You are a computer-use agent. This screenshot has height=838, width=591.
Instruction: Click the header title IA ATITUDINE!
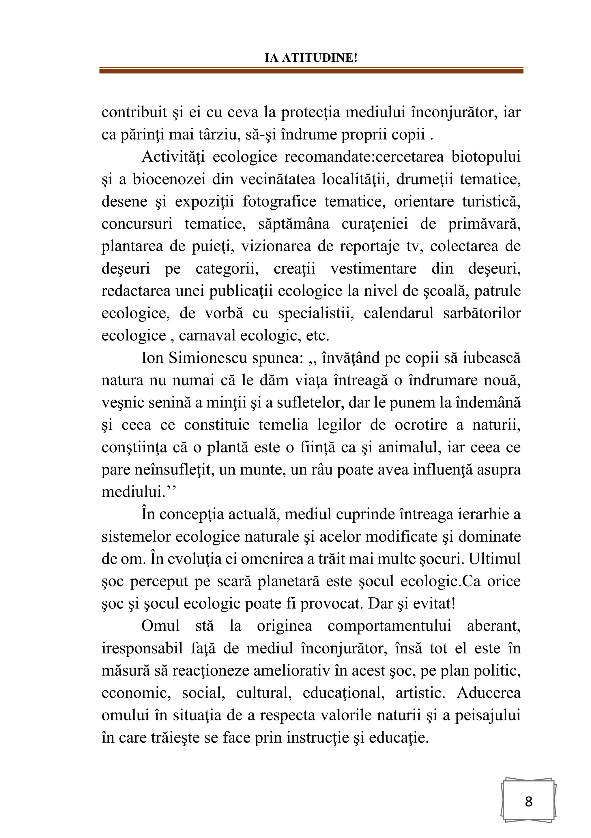coord(311,58)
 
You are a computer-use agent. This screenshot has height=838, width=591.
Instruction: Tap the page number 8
coord(528,801)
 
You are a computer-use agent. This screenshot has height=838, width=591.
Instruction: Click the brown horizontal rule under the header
coord(311,70)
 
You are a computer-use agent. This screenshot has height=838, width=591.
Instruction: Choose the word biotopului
coord(486,157)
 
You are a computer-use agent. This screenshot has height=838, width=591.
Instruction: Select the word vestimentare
coord(373,269)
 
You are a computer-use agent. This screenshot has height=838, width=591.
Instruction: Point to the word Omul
coord(160,626)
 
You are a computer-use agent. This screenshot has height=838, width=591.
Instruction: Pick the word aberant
coord(493,626)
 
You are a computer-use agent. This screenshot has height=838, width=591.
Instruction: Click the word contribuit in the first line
coord(134,112)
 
